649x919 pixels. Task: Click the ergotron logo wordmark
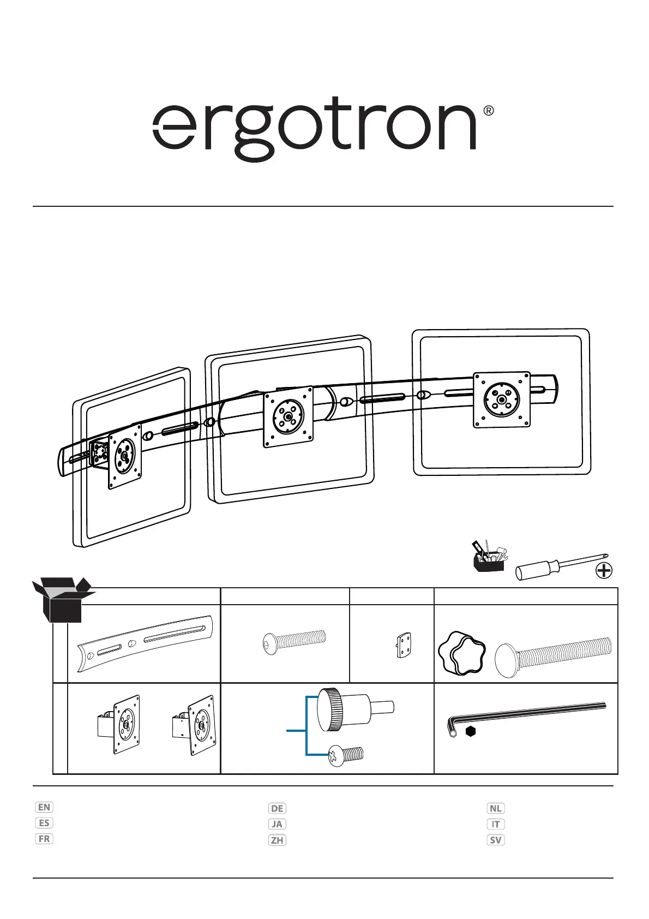click(314, 128)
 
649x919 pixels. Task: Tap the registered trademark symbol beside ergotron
click(489, 111)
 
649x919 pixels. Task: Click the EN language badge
click(44, 807)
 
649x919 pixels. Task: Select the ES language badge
click(44, 823)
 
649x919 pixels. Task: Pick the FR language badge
click(44, 839)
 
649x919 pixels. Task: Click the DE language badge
click(277, 808)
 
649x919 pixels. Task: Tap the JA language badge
click(277, 824)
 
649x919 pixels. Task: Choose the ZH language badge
click(277, 840)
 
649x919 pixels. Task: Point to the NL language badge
click(495, 808)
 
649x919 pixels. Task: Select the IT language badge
click(495, 824)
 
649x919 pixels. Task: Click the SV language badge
click(495, 840)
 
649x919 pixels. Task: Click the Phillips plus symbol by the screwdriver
click(604, 571)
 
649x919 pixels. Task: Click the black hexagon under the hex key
click(471, 732)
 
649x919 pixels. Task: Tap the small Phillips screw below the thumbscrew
click(346, 755)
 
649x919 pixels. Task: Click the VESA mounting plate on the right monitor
click(502, 399)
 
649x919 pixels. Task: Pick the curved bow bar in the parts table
click(145, 643)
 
